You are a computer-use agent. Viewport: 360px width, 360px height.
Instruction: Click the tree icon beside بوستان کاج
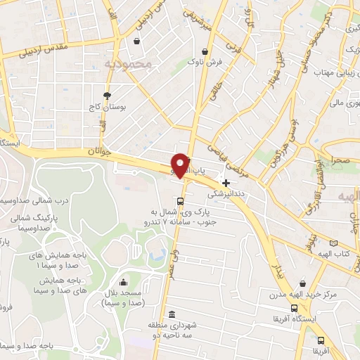107,96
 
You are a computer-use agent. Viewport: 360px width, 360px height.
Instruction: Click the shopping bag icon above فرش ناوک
204,51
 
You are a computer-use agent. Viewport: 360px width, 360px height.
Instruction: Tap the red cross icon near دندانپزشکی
226,182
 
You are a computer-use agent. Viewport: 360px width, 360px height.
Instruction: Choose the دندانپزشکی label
226,191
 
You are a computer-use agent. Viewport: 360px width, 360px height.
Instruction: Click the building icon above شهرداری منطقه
172,314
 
